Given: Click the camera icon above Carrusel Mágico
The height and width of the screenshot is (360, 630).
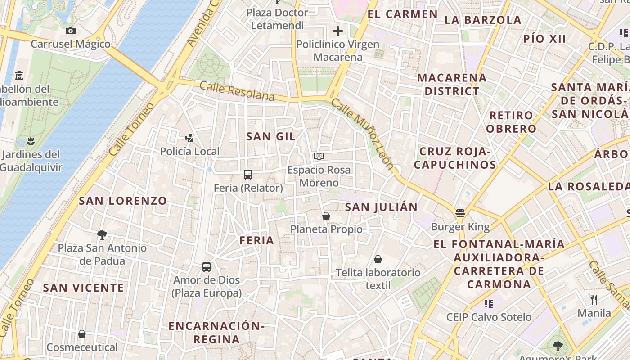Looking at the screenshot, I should (x=70, y=31).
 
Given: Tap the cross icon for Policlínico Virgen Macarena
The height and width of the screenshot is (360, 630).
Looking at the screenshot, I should (x=337, y=31).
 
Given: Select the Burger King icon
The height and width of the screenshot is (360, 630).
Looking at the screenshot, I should (x=460, y=213).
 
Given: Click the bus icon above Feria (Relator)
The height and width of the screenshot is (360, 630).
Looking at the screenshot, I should (x=247, y=175).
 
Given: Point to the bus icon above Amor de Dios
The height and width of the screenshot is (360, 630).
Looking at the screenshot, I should (x=207, y=267).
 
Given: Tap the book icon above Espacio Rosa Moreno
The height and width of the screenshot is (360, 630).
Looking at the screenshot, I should (x=319, y=156).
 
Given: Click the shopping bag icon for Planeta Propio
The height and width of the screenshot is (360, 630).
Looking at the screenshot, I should (x=326, y=216).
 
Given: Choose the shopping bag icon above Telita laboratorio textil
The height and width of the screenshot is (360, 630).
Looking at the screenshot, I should (x=378, y=259).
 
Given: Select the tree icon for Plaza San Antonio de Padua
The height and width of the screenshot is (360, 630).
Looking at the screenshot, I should (x=102, y=234).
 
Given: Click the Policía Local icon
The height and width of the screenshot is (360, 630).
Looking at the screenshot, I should (x=189, y=138).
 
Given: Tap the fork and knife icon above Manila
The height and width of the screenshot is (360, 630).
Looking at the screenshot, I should (x=594, y=299).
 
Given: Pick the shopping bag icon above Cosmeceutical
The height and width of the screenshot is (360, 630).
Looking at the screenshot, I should (x=82, y=334).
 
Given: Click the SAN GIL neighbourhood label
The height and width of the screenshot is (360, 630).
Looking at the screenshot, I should (x=271, y=136).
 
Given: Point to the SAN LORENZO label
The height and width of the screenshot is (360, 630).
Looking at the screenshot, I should (x=123, y=201).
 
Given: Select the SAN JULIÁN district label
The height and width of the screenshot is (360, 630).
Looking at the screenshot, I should (x=381, y=207).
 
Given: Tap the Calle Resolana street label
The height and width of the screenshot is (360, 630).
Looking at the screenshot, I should (x=237, y=91).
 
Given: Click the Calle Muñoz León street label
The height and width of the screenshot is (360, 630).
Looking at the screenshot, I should (x=362, y=134).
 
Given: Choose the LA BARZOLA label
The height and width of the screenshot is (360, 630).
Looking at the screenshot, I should (x=483, y=20).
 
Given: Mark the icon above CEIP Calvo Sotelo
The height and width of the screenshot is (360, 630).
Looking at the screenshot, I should (x=488, y=304).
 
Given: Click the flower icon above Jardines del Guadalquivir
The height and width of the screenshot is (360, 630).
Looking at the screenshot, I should (x=31, y=141).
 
